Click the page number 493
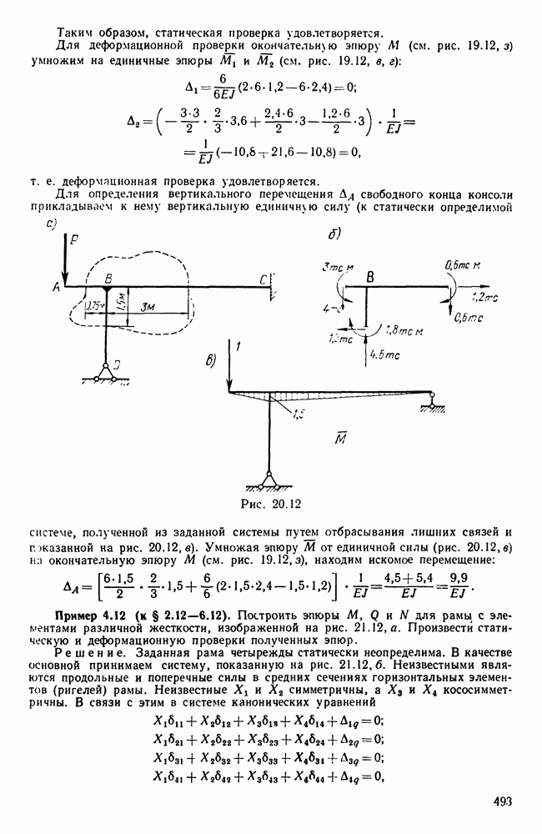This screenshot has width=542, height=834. pyautogui.click(x=502, y=802)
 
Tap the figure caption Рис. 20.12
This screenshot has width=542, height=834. pyautogui.click(x=270, y=504)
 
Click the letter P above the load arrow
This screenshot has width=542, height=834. pyautogui.click(x=74, y=239)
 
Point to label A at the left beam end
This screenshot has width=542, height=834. pyautogui.click(x=55, y=286)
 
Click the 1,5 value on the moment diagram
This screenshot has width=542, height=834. pyautogui.click(x=298, y=410)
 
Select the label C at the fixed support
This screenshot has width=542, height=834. pyautogui.click(x=263, y=277)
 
